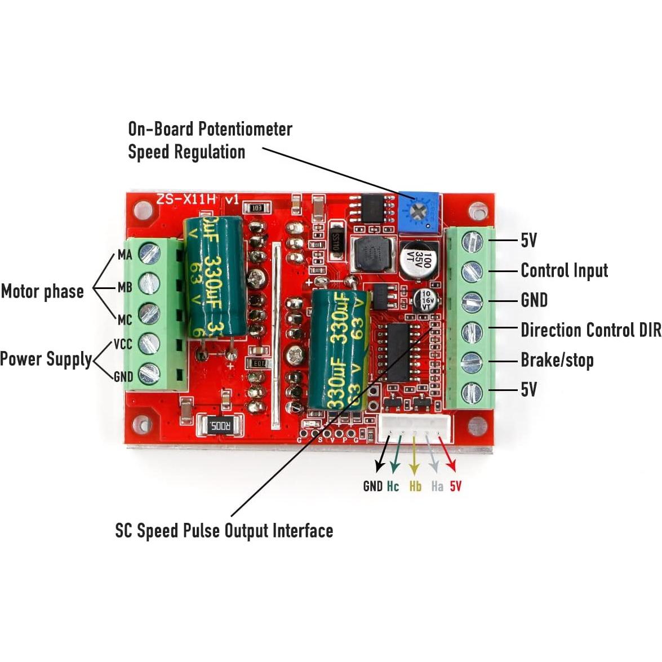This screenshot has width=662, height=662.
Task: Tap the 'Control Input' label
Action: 564,270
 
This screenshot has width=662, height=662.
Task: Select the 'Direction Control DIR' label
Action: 590,330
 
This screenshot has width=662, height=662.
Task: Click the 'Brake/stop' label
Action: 557,360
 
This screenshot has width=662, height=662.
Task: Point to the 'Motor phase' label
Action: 42,291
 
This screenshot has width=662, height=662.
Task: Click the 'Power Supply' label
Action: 46,359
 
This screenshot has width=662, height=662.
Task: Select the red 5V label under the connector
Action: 455,486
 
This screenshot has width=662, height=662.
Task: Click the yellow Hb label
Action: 415,486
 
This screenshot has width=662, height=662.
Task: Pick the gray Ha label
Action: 437,486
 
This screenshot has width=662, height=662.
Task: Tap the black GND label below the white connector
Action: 372,486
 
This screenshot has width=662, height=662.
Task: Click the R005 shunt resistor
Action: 220,426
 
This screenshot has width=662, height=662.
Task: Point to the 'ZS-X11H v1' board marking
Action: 198,199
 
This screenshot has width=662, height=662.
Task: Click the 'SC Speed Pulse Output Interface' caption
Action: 224,531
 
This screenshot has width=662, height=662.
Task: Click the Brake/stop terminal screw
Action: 472,362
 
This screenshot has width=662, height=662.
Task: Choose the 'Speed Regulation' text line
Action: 186,152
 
